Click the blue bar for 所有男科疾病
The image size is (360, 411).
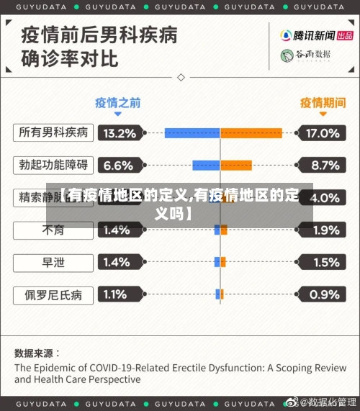(192, 132)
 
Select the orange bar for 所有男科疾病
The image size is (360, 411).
(251, 132)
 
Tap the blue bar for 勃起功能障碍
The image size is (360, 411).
(206, 165)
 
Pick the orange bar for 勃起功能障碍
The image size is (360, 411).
(236, 165)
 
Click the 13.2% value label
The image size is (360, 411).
(120, 133)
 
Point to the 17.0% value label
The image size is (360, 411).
(321, 133)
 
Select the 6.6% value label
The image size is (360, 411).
(119, 166)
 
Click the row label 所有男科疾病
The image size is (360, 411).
(53, 132)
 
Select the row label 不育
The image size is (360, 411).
(53, 230)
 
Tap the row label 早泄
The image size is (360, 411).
(53, 262)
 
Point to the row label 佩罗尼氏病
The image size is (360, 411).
(53, 294)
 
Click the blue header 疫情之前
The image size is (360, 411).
(117, 101)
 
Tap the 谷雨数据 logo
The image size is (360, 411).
(305, 55)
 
